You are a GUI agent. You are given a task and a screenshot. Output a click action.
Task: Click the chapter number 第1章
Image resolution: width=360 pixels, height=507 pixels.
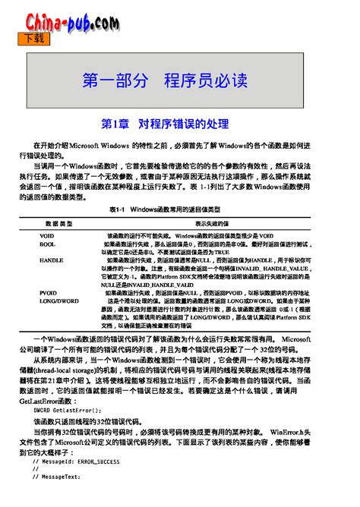[115, 122]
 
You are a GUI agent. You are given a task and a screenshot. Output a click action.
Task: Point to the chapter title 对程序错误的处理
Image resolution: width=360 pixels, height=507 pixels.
[184, 122]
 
